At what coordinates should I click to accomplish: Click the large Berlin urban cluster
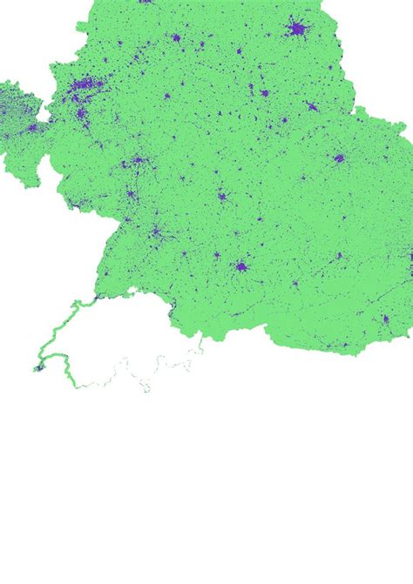point(297,30)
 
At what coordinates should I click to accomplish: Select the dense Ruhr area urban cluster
point(85,85)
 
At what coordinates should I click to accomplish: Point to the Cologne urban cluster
point(79,111)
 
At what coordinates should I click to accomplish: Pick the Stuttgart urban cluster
point(156,232)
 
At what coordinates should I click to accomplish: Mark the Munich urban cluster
point(240,266)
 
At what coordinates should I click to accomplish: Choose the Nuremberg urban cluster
point(221,196)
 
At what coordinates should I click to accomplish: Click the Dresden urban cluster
point(311,107)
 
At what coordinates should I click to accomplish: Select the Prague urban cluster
point(339,158)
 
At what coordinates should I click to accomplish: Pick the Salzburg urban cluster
point(295,284)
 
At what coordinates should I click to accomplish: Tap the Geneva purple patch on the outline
point(37,368)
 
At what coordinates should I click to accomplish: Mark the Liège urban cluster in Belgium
point(32,128)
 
